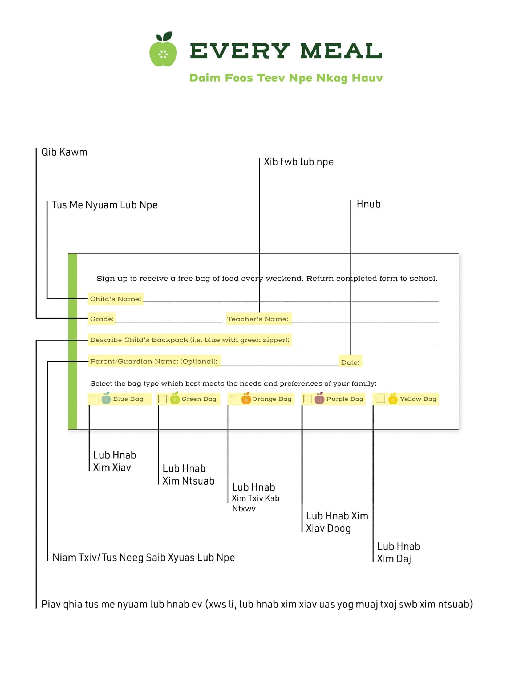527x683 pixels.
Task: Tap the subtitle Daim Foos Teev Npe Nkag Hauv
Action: tap(286, 78)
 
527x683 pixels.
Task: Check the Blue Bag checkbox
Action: tap(94, 399)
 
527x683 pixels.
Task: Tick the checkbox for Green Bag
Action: tap(162, 399)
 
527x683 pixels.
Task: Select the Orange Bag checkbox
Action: tap(234, 399)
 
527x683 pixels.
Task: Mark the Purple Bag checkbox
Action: tap(307, 399)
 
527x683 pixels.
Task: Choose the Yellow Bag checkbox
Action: tap(381, 399)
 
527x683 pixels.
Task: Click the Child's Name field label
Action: tap(116, 299)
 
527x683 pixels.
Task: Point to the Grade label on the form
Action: tap(102, 319)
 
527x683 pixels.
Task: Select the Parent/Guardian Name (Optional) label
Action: tap(154, 362)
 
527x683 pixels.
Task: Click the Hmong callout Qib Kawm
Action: tap(64, 152)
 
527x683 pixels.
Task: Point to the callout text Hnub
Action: tap(369, 204)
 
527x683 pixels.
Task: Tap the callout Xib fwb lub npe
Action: tap(299, 162)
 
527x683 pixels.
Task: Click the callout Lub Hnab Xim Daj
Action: tap(398, 553)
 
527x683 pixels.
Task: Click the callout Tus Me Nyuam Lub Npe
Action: tap(105, 205)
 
